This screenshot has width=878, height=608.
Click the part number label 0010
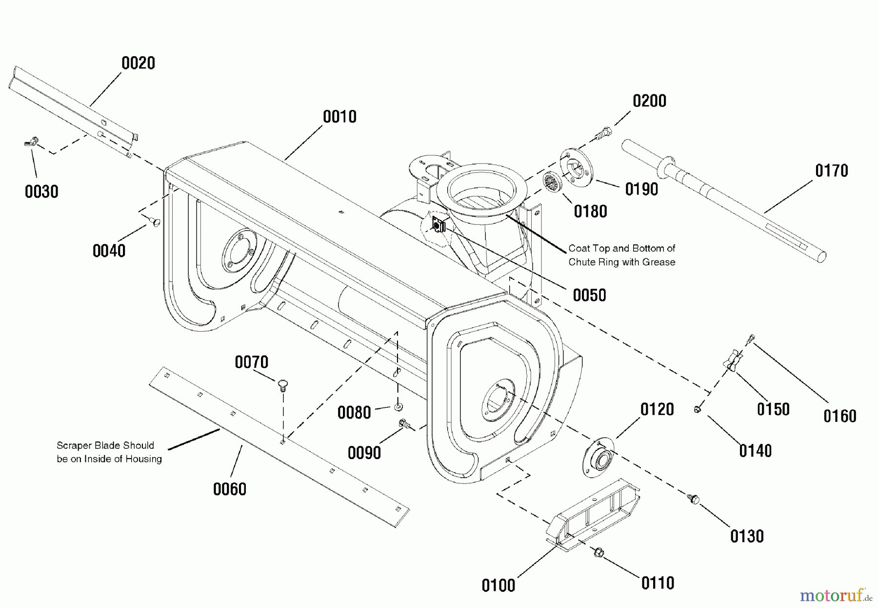pyautogui.click(x=339, y=117)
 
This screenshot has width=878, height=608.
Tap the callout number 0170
pyautogui.click(x=832, y=171)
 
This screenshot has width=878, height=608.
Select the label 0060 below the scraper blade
pyautogui.click(x=229, y=489)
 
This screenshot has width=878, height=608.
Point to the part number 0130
pyautogui.click(x=746, y=537)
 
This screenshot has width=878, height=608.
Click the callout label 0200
pyautogui.click(x=649, y=101)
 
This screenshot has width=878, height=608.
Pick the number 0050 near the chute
pyautogui.click(x=589, y=295)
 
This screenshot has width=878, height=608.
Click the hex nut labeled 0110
pyautogui.click(x=599, y=552)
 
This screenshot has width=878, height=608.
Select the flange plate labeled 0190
pyautogui.click(x=576, y=167)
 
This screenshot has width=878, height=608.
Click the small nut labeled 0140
pyautogui.click(x=698, y=409)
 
